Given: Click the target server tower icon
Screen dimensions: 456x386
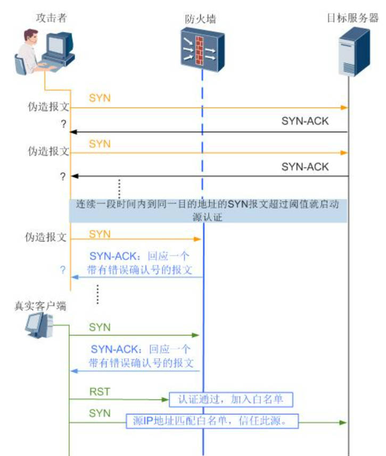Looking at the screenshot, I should click(354, 51).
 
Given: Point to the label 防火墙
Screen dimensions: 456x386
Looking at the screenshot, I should click(201, 19).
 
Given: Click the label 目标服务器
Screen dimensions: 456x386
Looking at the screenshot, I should click(352, 18).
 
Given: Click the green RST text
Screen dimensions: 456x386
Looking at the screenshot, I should click(99, 392).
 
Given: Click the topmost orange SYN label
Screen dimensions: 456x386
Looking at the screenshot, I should click(100, 99).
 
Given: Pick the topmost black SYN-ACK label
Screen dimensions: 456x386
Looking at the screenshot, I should click(305, 121).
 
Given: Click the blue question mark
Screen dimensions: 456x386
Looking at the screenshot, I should click(62, 270).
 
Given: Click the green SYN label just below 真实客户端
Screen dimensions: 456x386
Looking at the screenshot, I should click(100, 327).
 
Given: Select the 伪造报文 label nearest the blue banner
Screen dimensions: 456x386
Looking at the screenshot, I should click(48, 237).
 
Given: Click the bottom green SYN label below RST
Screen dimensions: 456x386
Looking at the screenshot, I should click(100, 413).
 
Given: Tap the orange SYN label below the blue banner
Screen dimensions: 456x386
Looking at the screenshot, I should click(100, 234).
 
